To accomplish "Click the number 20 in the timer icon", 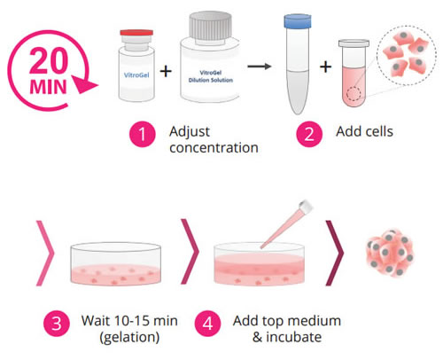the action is pos(49,61).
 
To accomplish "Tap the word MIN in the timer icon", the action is pos(49,87).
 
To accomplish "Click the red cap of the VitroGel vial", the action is pos(136,32).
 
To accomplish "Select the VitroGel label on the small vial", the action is pos(136,74).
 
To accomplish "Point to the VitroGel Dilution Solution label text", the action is pos(211,76).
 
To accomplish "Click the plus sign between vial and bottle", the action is pos(166,71).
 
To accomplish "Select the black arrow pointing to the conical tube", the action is pos(260,67).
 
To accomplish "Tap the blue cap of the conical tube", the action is pos(298,21).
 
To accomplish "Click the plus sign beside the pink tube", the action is pos(325,67).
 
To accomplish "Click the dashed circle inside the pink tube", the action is pos(354,94).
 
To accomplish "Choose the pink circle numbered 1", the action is pos(143,134).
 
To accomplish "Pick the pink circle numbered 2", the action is pos(309,134).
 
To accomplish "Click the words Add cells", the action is pos(364,131).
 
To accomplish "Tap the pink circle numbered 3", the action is pos(57,324).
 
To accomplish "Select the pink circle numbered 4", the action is pos(207,324).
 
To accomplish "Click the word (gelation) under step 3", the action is pos(129,338).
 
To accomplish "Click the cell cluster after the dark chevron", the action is pos(390,253).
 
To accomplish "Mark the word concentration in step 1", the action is pos(214,148).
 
